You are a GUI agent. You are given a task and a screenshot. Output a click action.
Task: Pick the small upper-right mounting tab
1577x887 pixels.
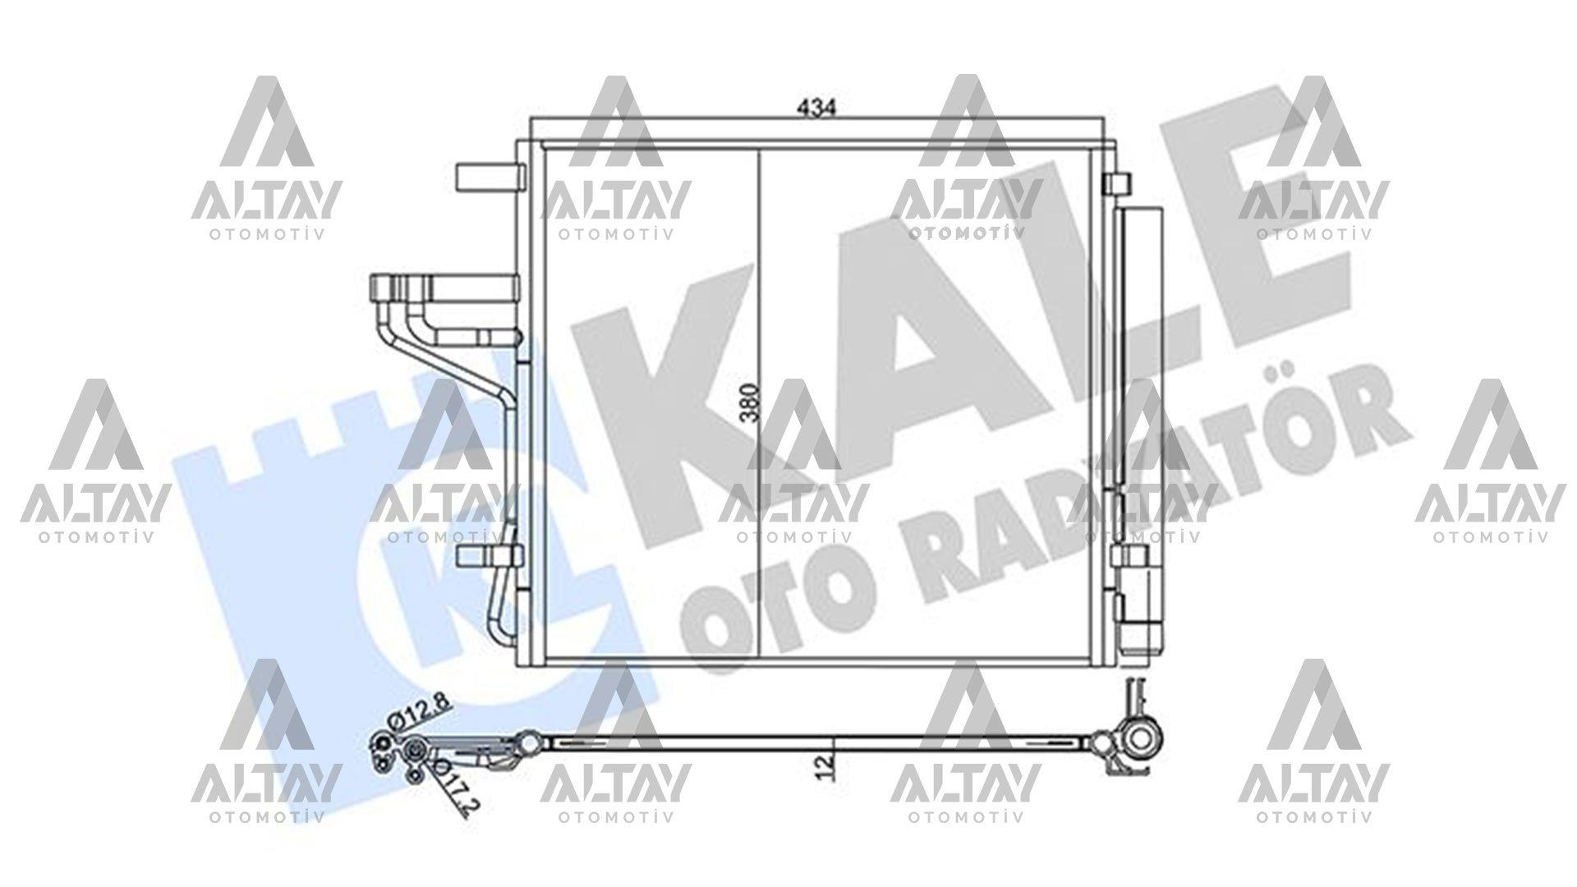pos(1118,183)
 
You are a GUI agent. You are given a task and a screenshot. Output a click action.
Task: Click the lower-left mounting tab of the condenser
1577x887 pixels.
pos(489,555)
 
